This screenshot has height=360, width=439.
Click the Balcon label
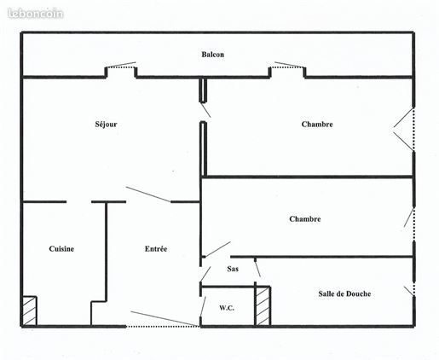[x=212, y=55]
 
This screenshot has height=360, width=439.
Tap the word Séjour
[x=106, y=124]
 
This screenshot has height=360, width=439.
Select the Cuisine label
[x=61, y=249]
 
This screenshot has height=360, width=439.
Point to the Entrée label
[x=156, y=249]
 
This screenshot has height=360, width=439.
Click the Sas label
[x=233, y=269]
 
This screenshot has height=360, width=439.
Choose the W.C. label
[x=227, y=308]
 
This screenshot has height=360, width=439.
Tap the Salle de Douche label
[x=344, y=293]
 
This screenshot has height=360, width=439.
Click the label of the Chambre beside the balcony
[x=317, y=125]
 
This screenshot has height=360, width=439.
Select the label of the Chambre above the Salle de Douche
[x=305, y=219]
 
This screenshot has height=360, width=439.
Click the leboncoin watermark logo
[x=36, y=14]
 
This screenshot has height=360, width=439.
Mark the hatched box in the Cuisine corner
[x=30, y=311]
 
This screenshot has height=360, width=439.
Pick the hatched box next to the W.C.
[x=263, y=306]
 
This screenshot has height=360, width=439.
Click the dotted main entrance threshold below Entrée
[x=163, y=327]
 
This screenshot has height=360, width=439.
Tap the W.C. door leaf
[x=203, y=306]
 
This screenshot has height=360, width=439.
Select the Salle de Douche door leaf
[x=257, y=268]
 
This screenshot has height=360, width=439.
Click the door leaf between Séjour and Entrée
[x=148, y=195]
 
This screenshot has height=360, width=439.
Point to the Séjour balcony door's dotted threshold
[x=121, y=67]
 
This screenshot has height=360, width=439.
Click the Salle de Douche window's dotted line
[x=414, y=288]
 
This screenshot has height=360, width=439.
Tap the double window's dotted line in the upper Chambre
[x=413, y=130]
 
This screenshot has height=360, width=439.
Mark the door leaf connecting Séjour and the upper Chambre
[x=205, y=110]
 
